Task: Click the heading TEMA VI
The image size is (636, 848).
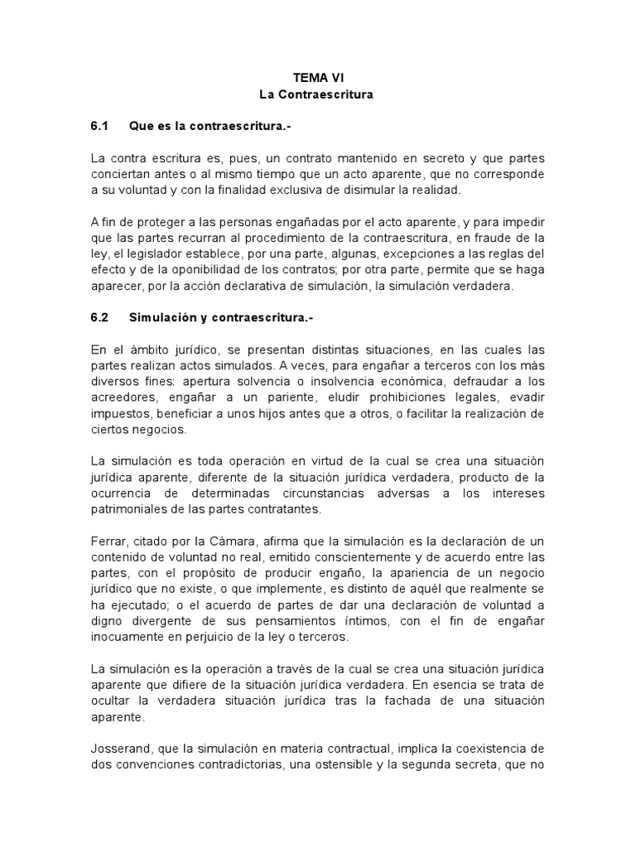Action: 317,78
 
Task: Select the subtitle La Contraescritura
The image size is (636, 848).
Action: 317,94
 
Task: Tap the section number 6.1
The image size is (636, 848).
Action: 99,126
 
